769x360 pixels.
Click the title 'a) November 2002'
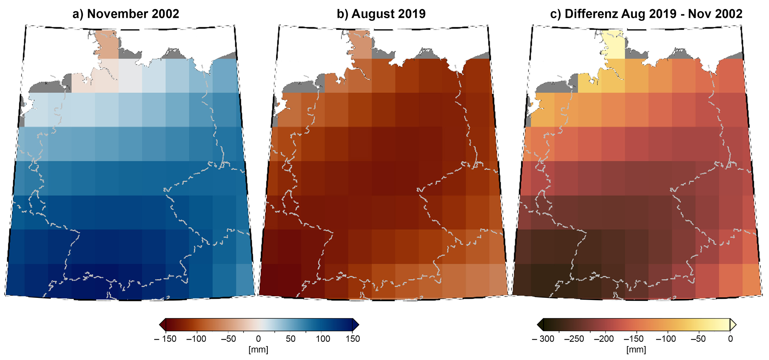126,14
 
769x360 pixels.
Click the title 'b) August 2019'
381,14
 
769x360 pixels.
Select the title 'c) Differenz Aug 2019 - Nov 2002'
646,14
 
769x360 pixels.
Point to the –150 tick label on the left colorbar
165,339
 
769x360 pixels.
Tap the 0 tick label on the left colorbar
258,339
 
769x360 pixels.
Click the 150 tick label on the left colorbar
353,339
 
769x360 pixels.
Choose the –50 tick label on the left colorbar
228,339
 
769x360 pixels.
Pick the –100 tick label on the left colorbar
196,339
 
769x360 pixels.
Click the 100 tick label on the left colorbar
323,339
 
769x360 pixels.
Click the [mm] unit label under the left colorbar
258,350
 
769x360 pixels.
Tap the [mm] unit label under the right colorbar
636,350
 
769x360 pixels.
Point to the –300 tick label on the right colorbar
543,339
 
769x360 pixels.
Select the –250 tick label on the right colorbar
574,339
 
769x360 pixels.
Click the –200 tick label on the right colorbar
604,339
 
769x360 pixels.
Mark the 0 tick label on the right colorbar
730,339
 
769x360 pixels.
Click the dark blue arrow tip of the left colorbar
356,325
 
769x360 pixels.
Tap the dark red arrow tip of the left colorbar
162,325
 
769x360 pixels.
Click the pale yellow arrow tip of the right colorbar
733,325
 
